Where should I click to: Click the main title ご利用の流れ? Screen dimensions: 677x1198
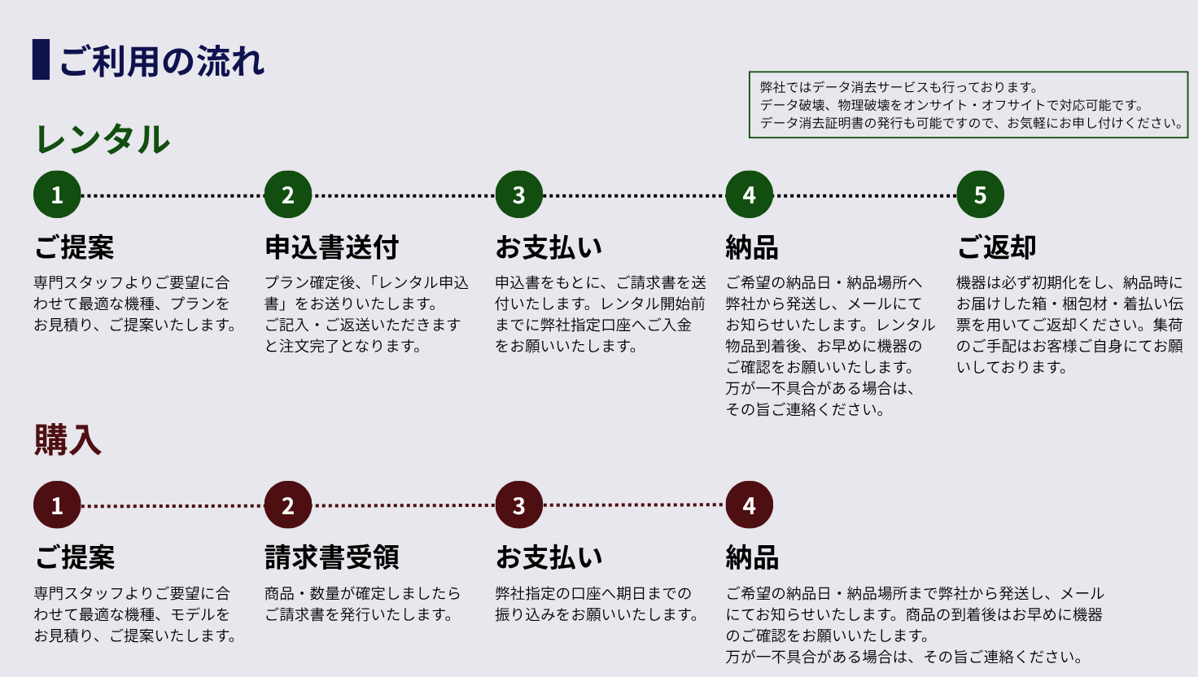(161, 61)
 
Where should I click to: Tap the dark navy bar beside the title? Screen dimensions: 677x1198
(41, 59)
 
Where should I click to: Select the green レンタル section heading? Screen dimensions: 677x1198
(103, 139)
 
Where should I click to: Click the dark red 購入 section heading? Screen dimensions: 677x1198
(68, 440)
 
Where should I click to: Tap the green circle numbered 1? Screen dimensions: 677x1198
(57, 194)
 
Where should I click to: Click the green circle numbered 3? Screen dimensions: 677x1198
(518, 194)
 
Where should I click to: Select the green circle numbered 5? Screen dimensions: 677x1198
(980, 194)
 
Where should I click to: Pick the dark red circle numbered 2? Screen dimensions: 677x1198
(287, 505)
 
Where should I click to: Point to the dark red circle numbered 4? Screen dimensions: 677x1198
(749, 505)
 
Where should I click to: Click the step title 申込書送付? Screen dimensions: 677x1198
(332, 247)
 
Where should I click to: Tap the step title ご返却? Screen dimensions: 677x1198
(996, 247)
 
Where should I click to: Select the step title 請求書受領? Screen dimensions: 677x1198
(332, 557)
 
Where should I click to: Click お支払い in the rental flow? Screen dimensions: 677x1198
(549, 247)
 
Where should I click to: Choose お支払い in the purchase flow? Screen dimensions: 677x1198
(549, 557)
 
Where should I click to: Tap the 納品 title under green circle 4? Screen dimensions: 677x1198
(752, 247)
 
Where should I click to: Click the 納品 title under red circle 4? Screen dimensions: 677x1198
(752, 557)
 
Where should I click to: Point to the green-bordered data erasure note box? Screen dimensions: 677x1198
(968, 105)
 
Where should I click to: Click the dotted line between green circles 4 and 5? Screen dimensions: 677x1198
(864, 195)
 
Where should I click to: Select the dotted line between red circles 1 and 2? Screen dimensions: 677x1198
(173, 506)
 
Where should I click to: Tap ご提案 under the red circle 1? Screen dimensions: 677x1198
(74, 557)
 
